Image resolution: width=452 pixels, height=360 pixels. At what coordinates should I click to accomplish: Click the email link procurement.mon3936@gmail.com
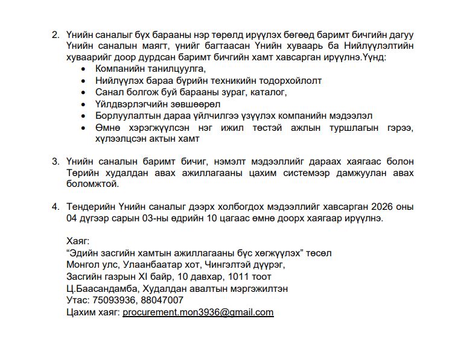point(198,312)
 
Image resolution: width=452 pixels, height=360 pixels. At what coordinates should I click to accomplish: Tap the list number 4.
point(56,206)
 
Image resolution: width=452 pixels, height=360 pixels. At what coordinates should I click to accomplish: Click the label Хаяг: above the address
point(78,241)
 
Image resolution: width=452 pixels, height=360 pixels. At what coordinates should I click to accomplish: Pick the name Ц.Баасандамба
point(101,288)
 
